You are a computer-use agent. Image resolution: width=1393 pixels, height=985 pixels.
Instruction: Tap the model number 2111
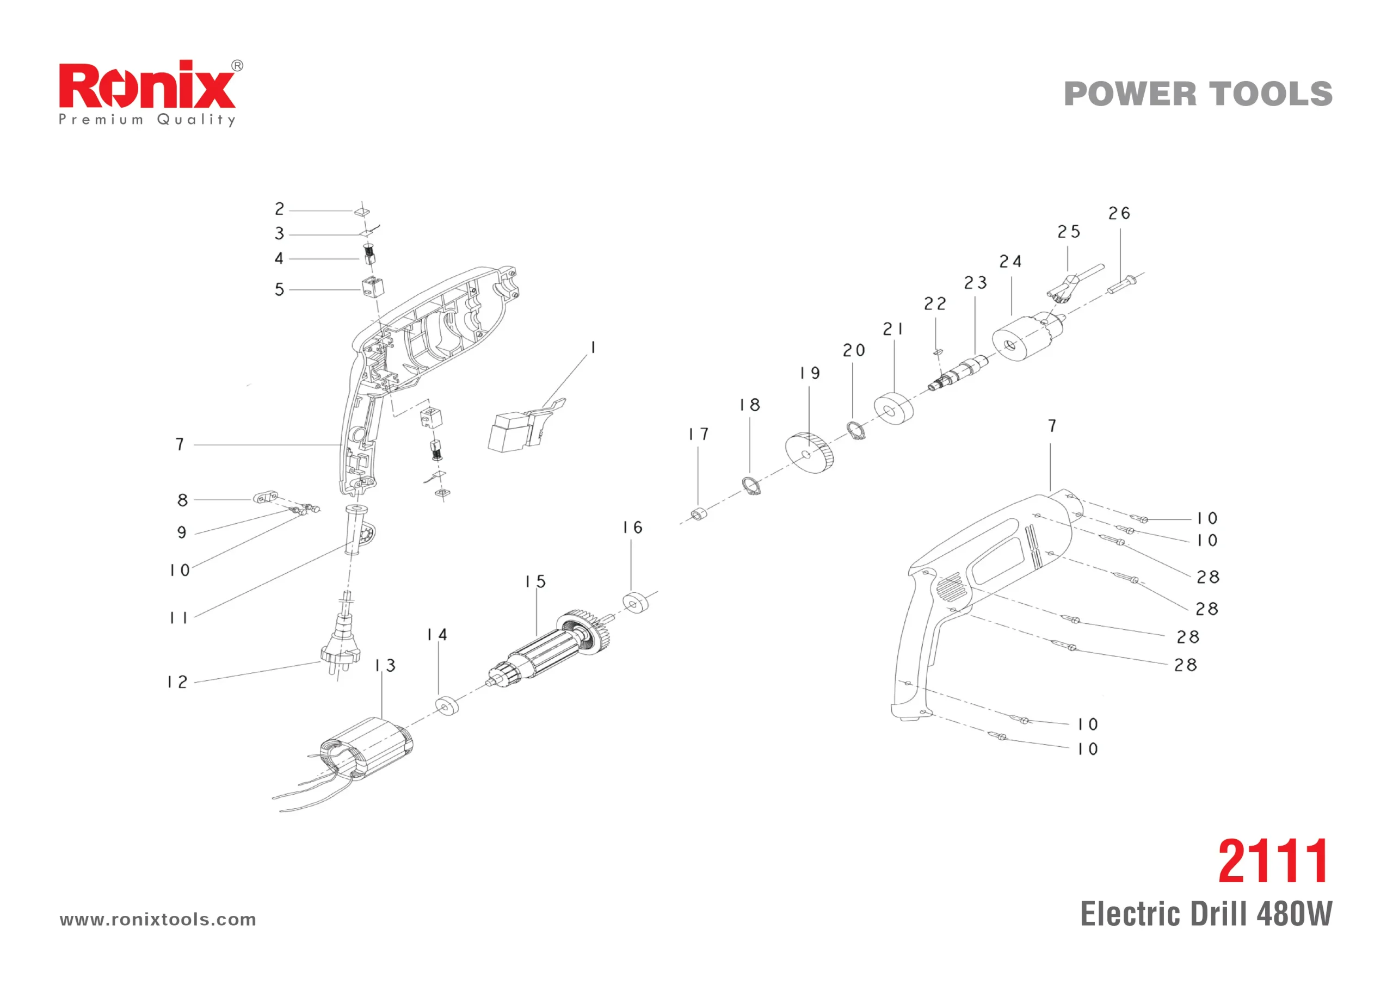point(1273,862)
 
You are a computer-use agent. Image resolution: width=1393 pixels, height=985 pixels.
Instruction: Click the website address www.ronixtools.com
point(158,920)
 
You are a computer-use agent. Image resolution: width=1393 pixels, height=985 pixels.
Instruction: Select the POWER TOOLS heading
point(1198,94)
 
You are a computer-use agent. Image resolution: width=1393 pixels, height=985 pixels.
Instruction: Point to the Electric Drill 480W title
point(1206,914)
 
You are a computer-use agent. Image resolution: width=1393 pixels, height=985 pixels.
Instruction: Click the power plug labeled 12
point(341,638)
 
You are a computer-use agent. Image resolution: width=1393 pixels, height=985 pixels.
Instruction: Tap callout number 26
point(1119,214)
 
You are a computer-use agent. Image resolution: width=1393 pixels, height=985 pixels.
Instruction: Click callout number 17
point(698,434)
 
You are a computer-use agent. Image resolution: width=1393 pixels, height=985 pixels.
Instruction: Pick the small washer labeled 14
point(447,707)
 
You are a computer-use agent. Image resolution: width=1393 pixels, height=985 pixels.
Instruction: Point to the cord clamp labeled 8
point(264,499)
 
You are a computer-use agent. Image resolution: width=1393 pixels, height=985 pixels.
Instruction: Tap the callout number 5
point(279,289)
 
